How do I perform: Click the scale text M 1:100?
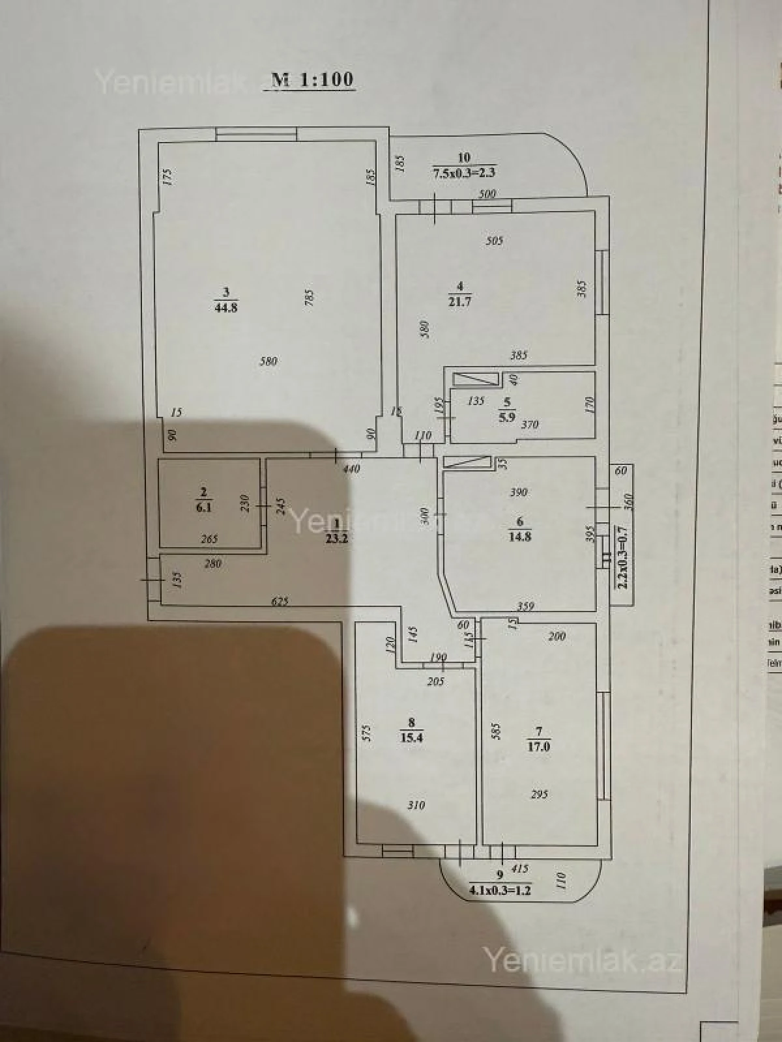tap(312, 80)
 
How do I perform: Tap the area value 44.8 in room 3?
tap(225, 307)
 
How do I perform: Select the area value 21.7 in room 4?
tap(459, 302)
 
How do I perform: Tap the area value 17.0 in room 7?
tap(538, 747)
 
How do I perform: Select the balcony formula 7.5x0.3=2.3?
tap(464, 173)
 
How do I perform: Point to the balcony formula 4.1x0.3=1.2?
tap(500, 890)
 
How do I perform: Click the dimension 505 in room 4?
tap(495, 240)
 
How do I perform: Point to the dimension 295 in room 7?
tap(539, 795)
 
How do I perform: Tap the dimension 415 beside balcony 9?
tap(519, 868)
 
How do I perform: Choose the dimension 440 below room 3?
tap(351, 468)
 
